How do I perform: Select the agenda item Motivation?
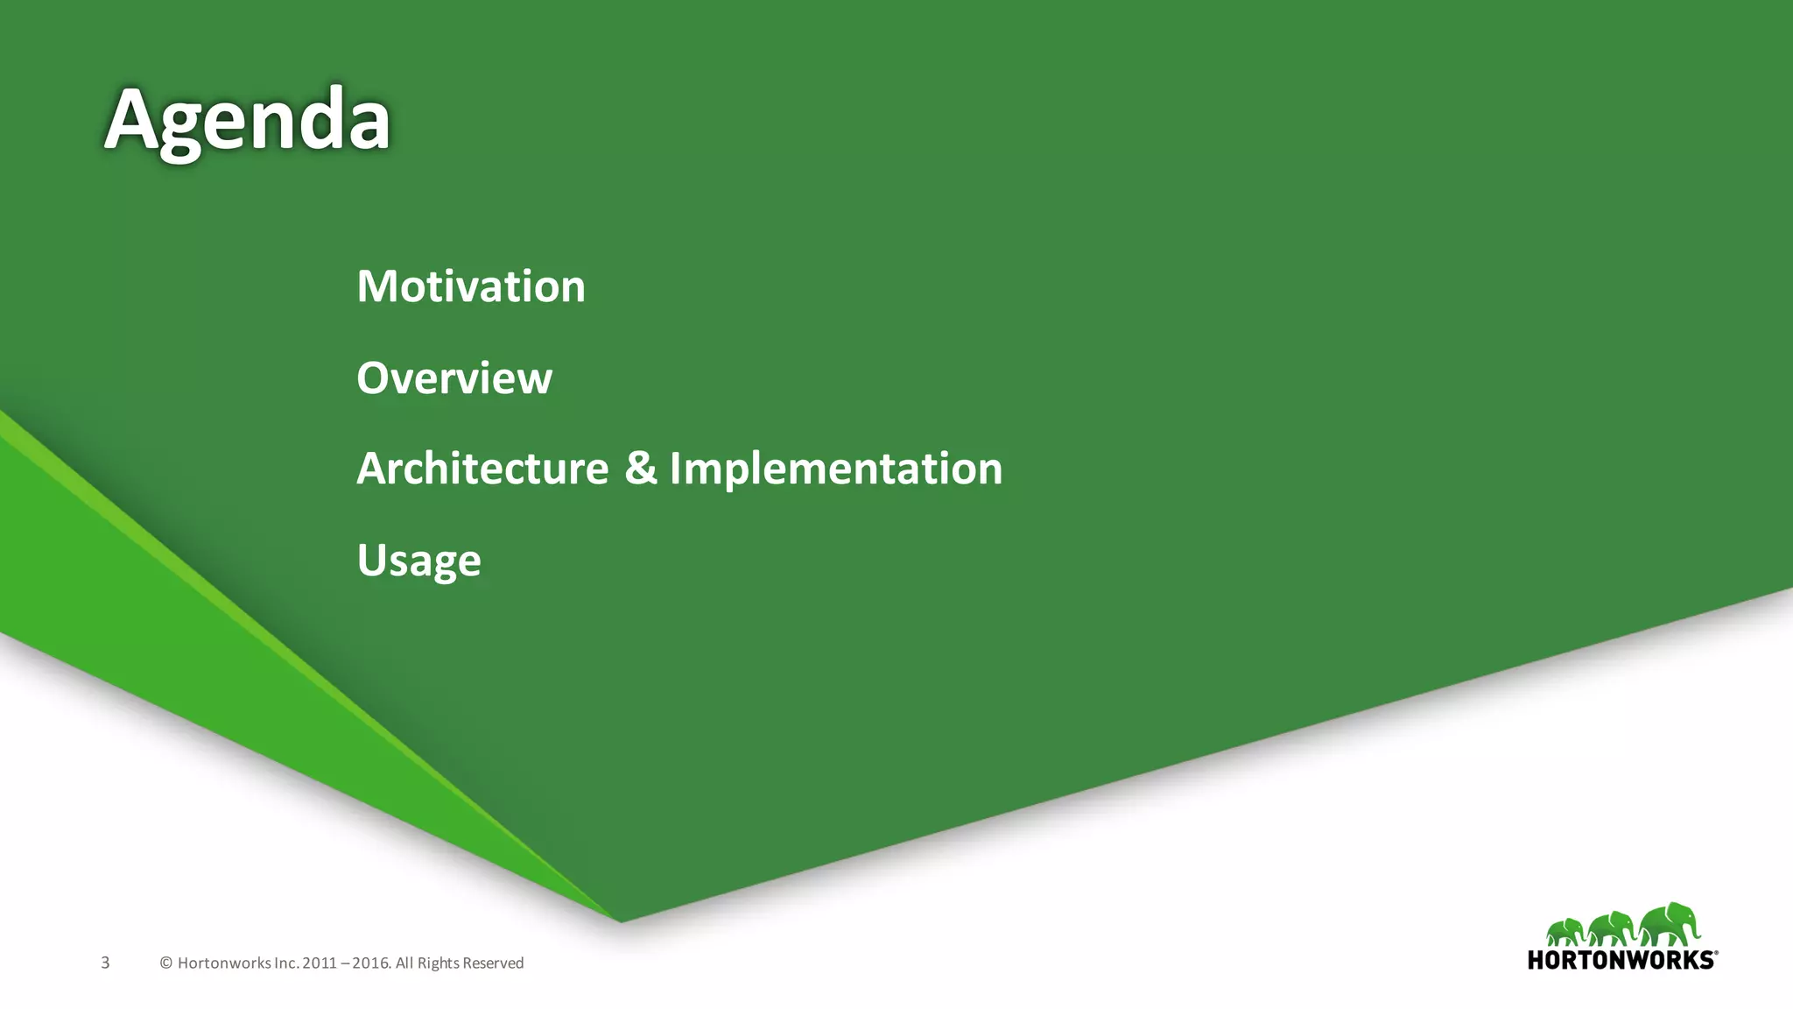pyautogui.click(x=471, y=286)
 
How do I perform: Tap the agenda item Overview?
pyautogui.click(x=454, y=378)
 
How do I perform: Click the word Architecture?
pyautogui.click(x=482, y=469)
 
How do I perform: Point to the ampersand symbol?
pyautogui.click(x=641, y=468)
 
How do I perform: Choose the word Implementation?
pyautogui.click(x=836, y=469)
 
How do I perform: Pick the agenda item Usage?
pyautogui.click(x=418, y=561)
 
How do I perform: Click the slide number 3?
pyautogui.click(x=105, y=963)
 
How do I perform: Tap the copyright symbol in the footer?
pyautogui.click(x=165, y=963)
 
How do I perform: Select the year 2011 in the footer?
pyautogui.click(x=320, y=963)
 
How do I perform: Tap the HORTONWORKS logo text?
pyautogui.click(x=1620, y=960)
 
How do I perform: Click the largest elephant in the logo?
pyautogui.click(x=1670, y=925)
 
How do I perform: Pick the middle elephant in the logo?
pyautogui.click(x=1613, y=929)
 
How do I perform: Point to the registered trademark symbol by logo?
pyautogui.click(x=1716, y=952)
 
